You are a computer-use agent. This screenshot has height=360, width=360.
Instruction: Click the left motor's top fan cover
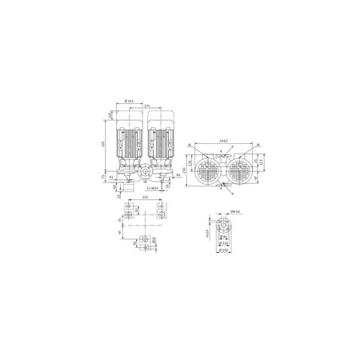[x=130, y=117]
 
